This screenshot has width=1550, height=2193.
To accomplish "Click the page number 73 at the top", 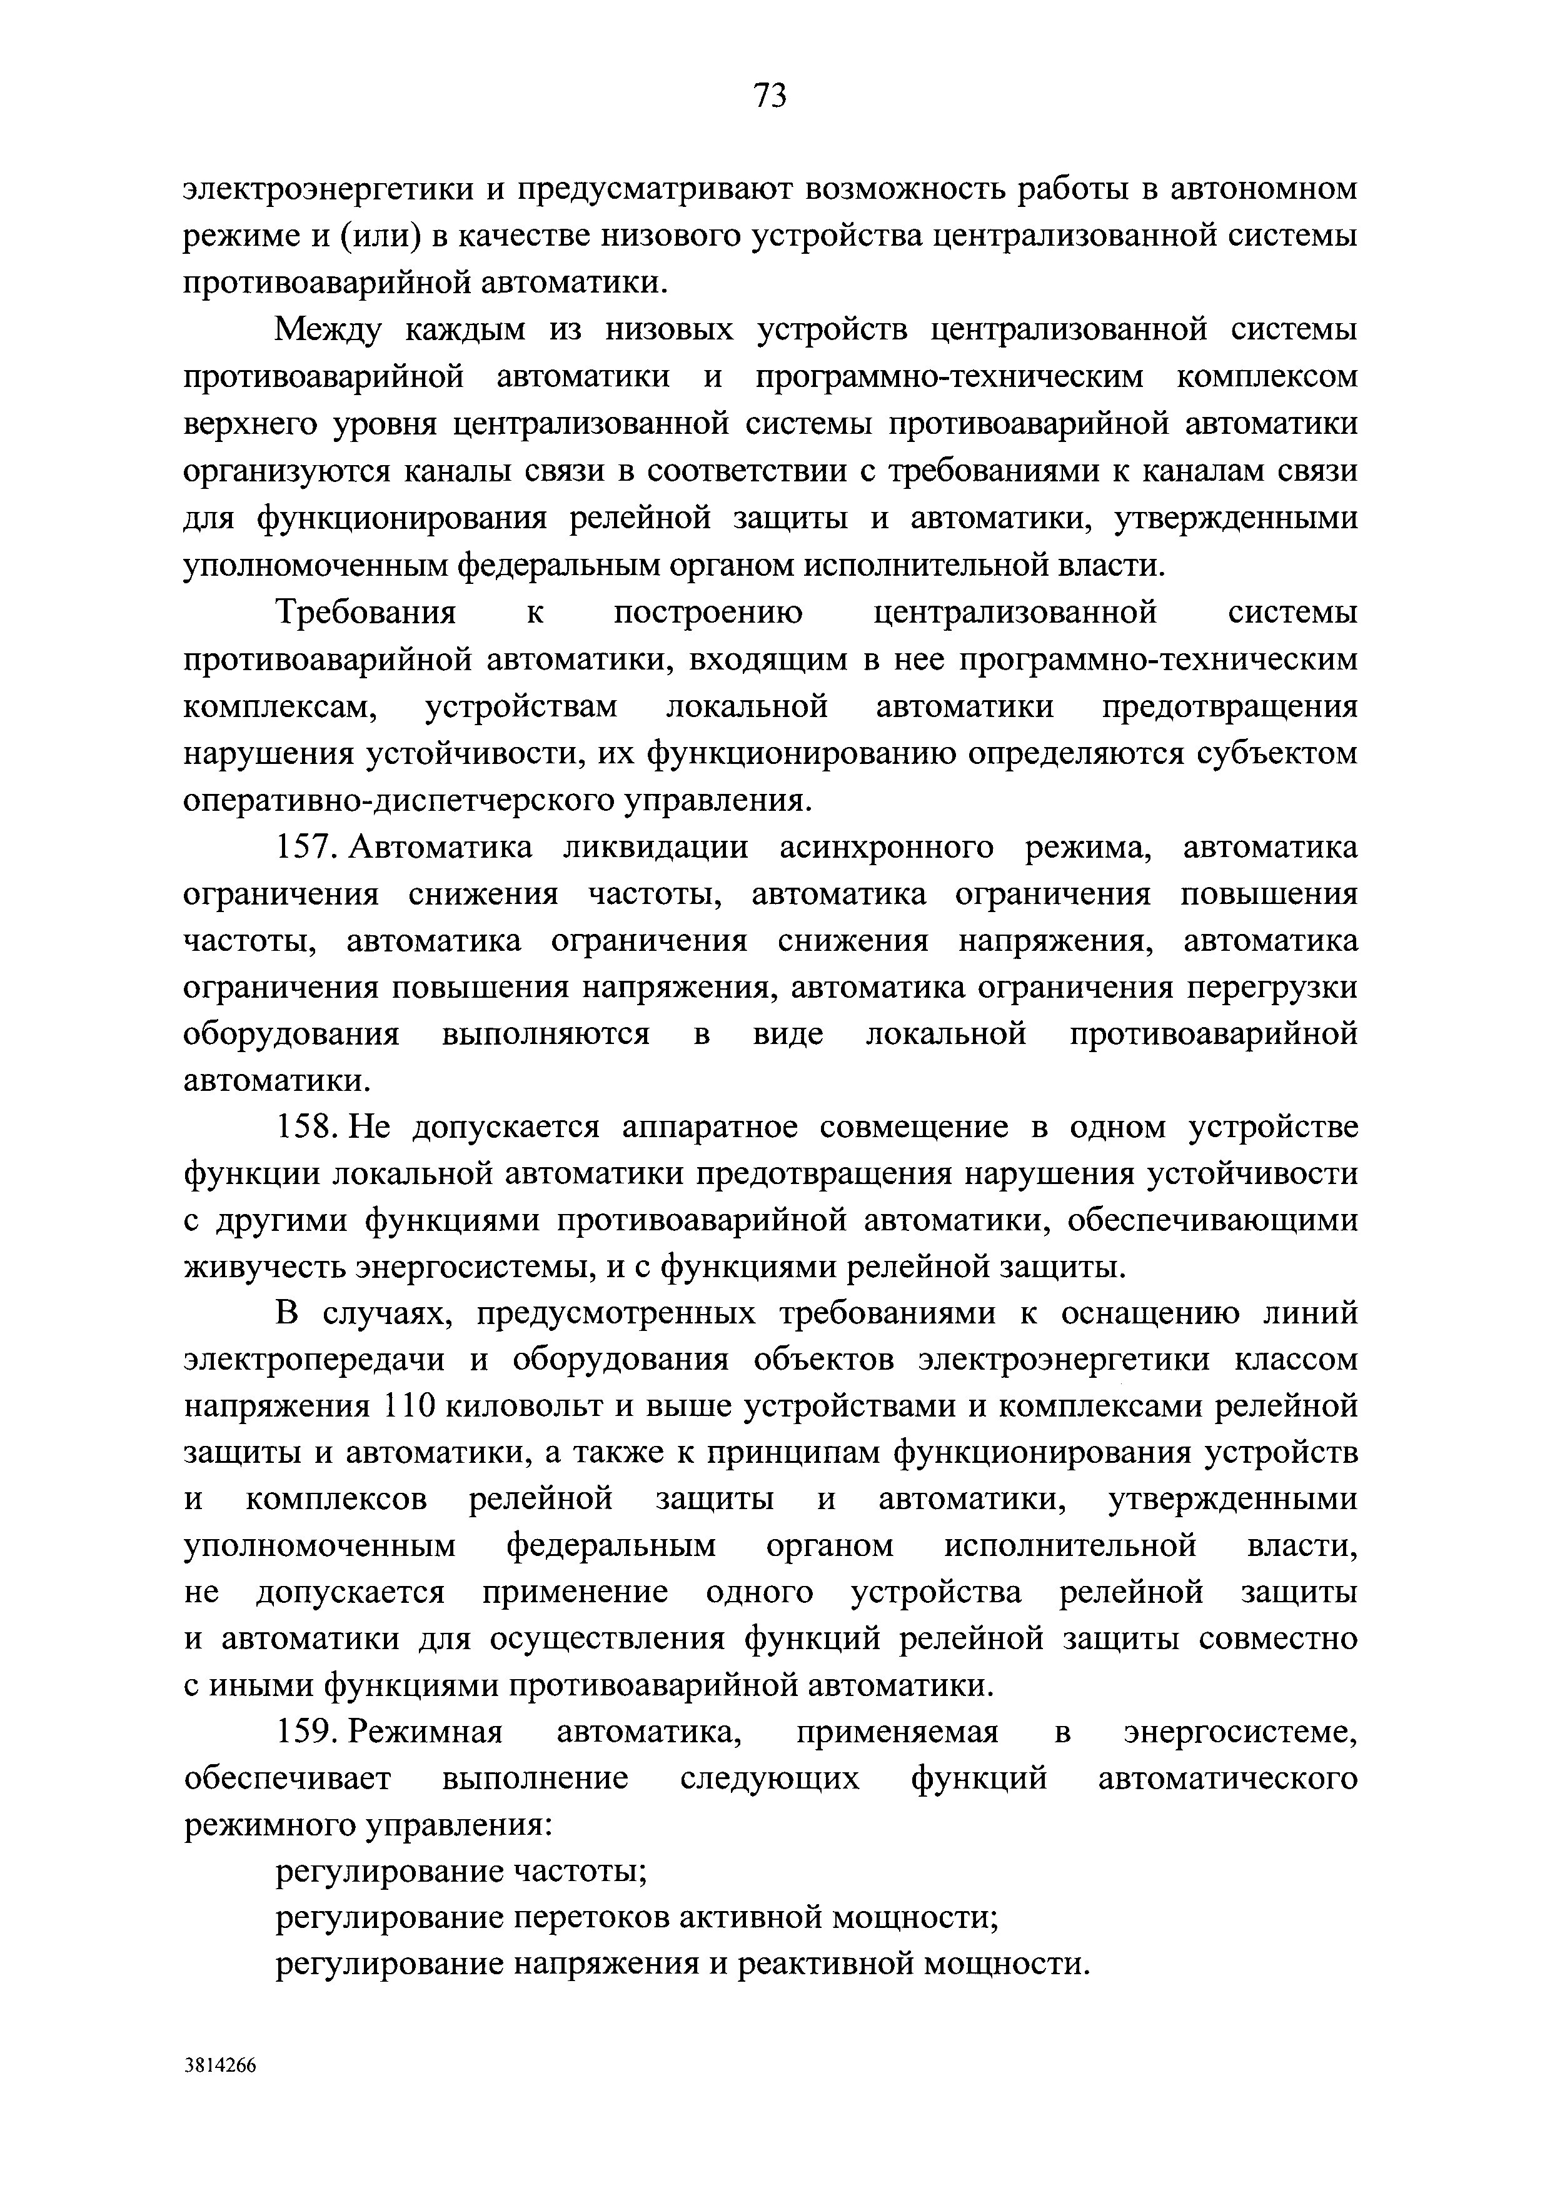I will (769, 96).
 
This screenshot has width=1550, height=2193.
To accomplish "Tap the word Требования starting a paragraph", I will (366, 612).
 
